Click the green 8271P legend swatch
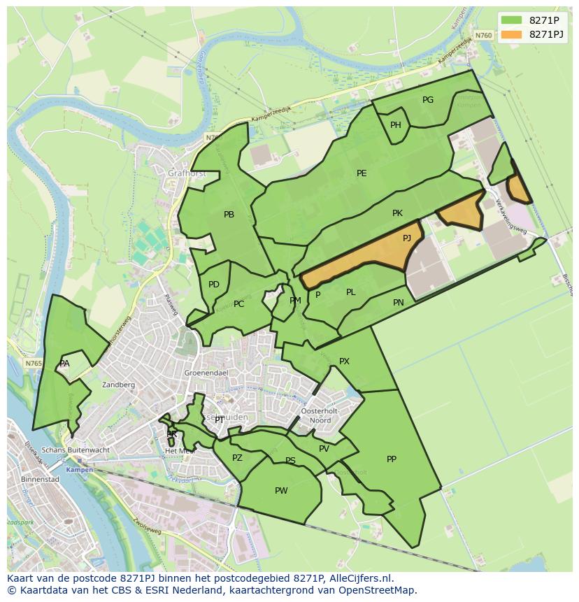click(511, 20)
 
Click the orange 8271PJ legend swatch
click(511, 34)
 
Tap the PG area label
click(428, 100)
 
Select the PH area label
click(396, 125)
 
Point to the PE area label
click(362, 173)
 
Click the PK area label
click(397, 213)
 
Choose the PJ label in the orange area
click(407, 238)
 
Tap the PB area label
click(229, 215)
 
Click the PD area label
click(214, 285)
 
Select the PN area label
click(399, 303)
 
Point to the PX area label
click(344, 361)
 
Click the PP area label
click(392, 459)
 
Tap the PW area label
click(281, 491)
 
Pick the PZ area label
click(237, 458)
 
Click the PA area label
click(64, 364)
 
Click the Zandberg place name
click(118, 385)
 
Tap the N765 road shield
click(33, 364)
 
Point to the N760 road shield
click(482, 35)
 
